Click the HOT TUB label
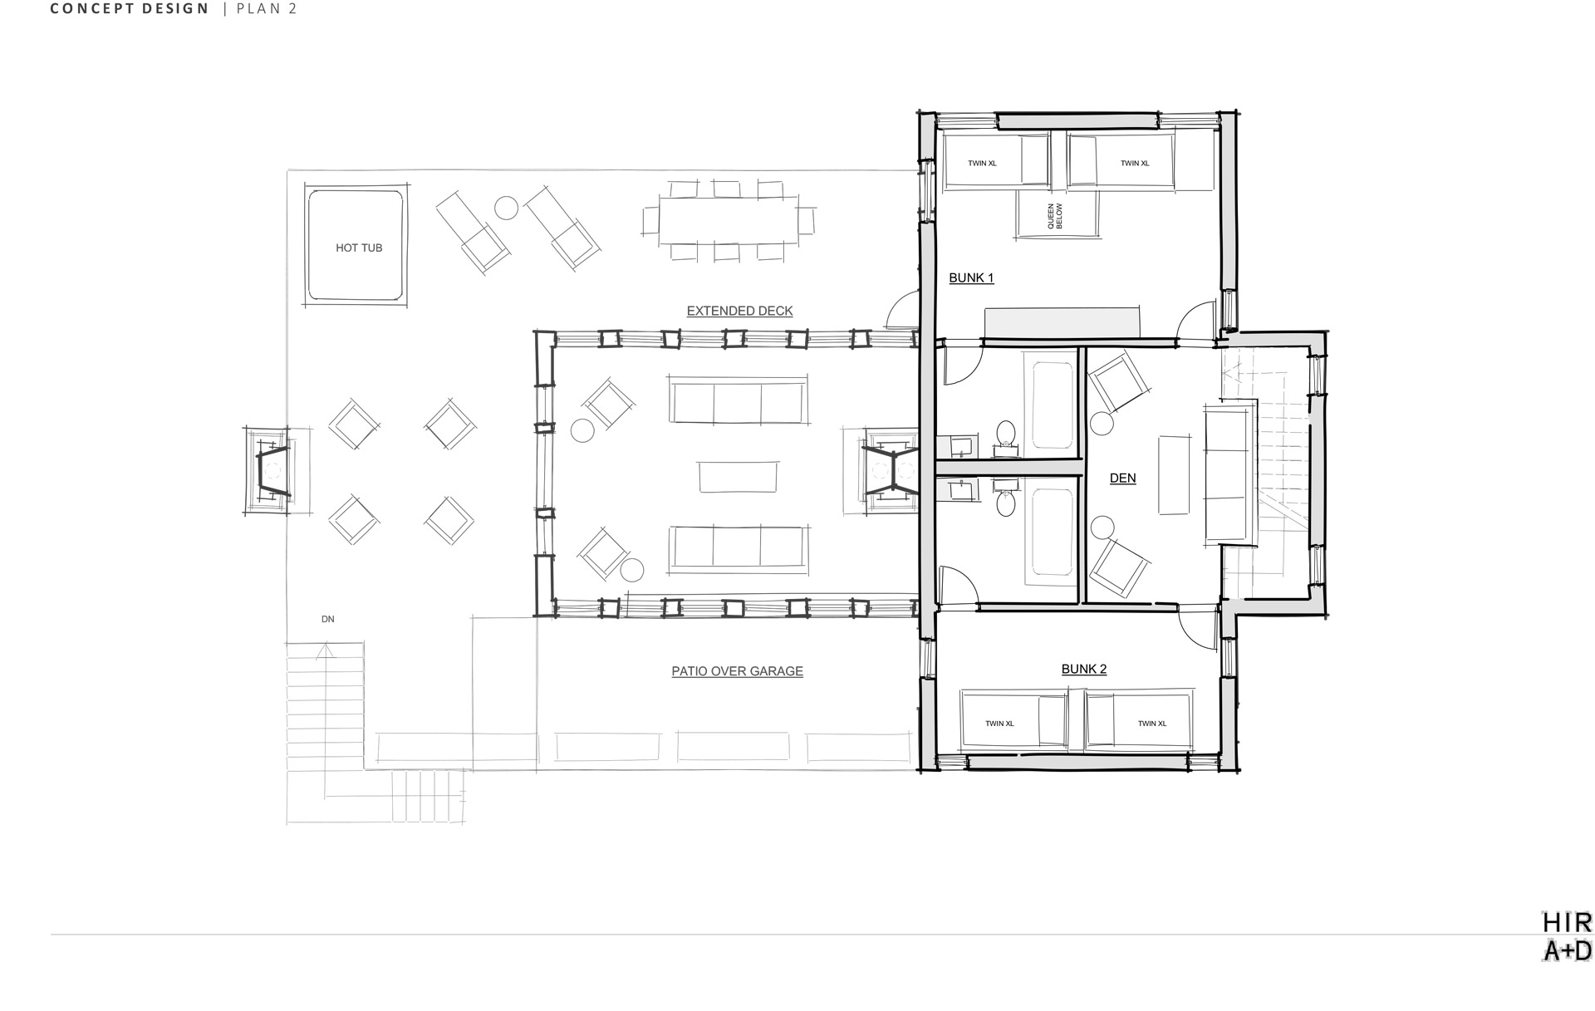click(359, 248)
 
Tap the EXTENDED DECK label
click(739, 311)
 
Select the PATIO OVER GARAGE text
click(737, 671)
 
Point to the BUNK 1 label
click(971, 277)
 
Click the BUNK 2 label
click(1084, 669)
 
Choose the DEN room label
click(1122, 478)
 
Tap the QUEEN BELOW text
click(1054, 216)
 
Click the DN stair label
click(328, 619)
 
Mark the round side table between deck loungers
click(506, 208)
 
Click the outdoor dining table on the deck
click(729, 220)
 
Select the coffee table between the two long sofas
click(739, 477)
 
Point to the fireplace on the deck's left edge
click(267, 471)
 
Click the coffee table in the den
click(1174, 474)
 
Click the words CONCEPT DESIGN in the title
click(130, 9)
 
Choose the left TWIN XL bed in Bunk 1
click(994, 162)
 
